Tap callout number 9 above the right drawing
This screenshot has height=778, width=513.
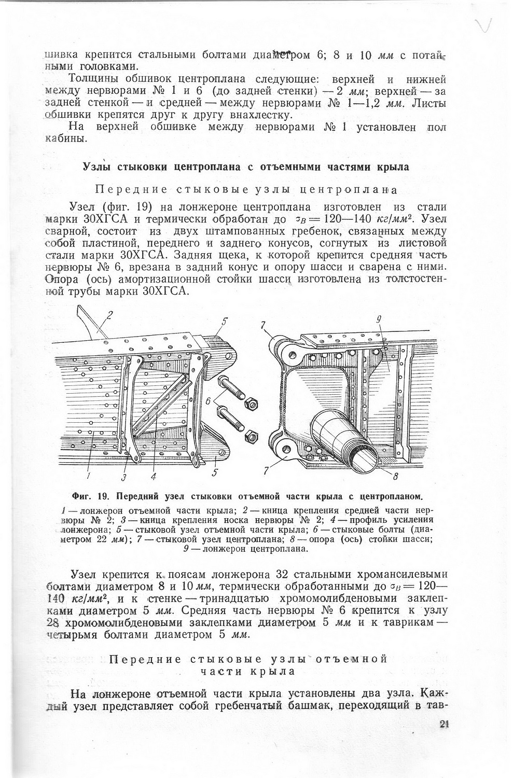[379, 320]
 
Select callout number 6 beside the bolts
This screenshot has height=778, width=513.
[209, 401]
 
